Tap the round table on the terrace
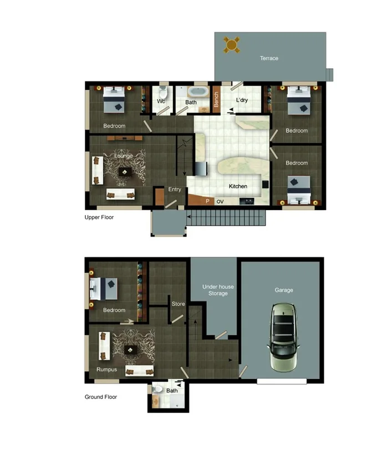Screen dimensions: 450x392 point(232,44)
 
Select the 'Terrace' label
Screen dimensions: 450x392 point(269,58)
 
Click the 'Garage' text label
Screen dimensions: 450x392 point(284,290)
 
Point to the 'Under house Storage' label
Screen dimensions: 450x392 point(218,290)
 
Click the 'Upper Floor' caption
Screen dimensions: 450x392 point(99,217)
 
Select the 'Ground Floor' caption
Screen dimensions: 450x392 point(100,397)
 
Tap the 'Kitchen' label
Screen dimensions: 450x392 point(238,186)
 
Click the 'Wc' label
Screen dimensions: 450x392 point(161,102)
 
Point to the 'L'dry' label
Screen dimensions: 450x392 point(242,100)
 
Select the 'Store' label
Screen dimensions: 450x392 point(178,304)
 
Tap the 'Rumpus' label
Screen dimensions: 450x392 point(107,369)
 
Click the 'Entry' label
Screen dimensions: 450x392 point(175,190)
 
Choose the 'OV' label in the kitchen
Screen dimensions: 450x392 point(220,202)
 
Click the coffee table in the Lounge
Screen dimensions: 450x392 point(124,172)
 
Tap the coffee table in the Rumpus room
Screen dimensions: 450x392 point(131,350)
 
